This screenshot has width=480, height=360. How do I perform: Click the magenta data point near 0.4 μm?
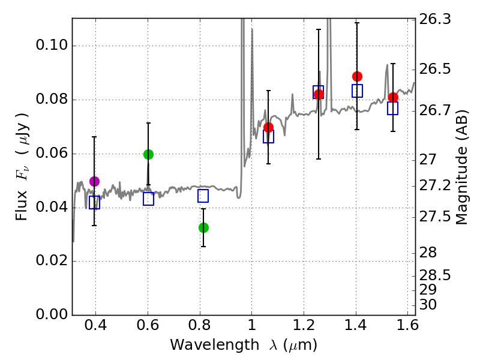coord(94,181)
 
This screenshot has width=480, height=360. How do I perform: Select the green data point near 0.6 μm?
coord(148,154)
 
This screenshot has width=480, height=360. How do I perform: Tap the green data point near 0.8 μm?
coord(203,227)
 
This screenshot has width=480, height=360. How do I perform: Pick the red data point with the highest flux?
coord(357,76)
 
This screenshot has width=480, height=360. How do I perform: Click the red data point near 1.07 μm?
coord(268,127)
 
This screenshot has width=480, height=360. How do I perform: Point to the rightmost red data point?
coord(393,97)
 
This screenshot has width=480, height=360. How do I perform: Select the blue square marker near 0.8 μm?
coord(203,196)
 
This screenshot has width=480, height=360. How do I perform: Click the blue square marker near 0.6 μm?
coord(149,199)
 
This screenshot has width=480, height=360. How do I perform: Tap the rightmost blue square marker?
coord(393,108)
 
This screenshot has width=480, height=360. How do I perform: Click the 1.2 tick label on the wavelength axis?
coord(304,327)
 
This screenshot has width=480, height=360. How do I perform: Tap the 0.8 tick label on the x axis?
coord(200,327)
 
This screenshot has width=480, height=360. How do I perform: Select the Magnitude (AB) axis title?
coord(462,167)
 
